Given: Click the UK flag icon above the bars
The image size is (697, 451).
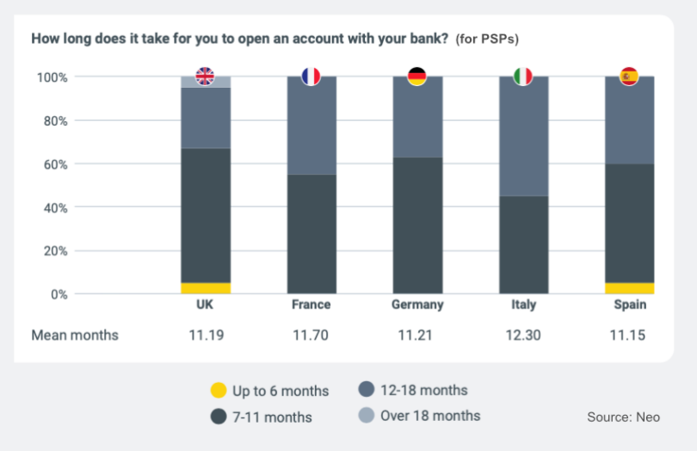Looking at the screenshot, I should [205, 77].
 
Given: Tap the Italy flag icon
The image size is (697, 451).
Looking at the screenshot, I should [523, 77].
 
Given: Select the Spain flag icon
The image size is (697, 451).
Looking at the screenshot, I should [629, 77].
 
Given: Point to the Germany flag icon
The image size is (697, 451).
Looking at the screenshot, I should [417, 77].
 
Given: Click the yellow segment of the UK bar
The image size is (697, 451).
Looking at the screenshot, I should [205, 288].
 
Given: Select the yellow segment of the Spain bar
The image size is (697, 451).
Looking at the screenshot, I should [629, 288].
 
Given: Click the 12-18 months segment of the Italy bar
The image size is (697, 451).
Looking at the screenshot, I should [523, 138].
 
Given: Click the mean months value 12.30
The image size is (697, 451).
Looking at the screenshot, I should [523, 335].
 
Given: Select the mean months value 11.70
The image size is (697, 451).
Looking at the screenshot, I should [311, 335].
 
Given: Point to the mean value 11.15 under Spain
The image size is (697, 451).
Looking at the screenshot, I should [629, 335].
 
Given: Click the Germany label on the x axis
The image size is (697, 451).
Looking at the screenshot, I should [417, 305].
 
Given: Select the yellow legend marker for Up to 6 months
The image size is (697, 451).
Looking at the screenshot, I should [219, 391].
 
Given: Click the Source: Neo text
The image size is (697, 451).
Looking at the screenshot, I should [623, 417].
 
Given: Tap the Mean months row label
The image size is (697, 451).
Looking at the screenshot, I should [75, 335].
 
